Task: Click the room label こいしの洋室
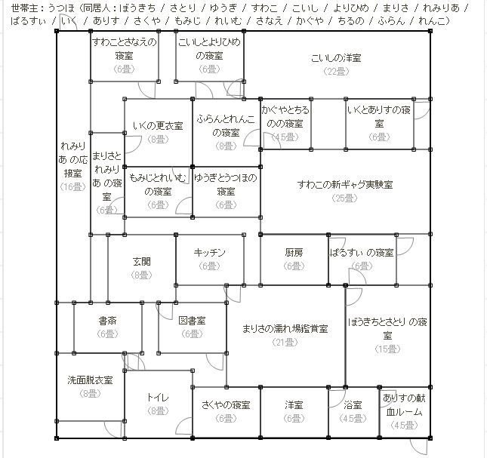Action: click(336, 58)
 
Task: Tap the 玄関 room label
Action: click(142, 262)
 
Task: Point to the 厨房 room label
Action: click(294, 254)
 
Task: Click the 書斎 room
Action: click(107, 321)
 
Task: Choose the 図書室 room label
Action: click(193, 321)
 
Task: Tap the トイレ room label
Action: click(158, 398)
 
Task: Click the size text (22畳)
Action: click(336, 71)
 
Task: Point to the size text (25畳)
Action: click(344, 198)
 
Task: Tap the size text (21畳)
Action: click(285, 342)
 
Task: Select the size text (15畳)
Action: click(387, 349)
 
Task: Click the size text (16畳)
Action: click(72, 186)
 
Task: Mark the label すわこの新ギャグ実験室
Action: click(345, 185)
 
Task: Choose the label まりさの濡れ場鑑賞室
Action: click(285, 329)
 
